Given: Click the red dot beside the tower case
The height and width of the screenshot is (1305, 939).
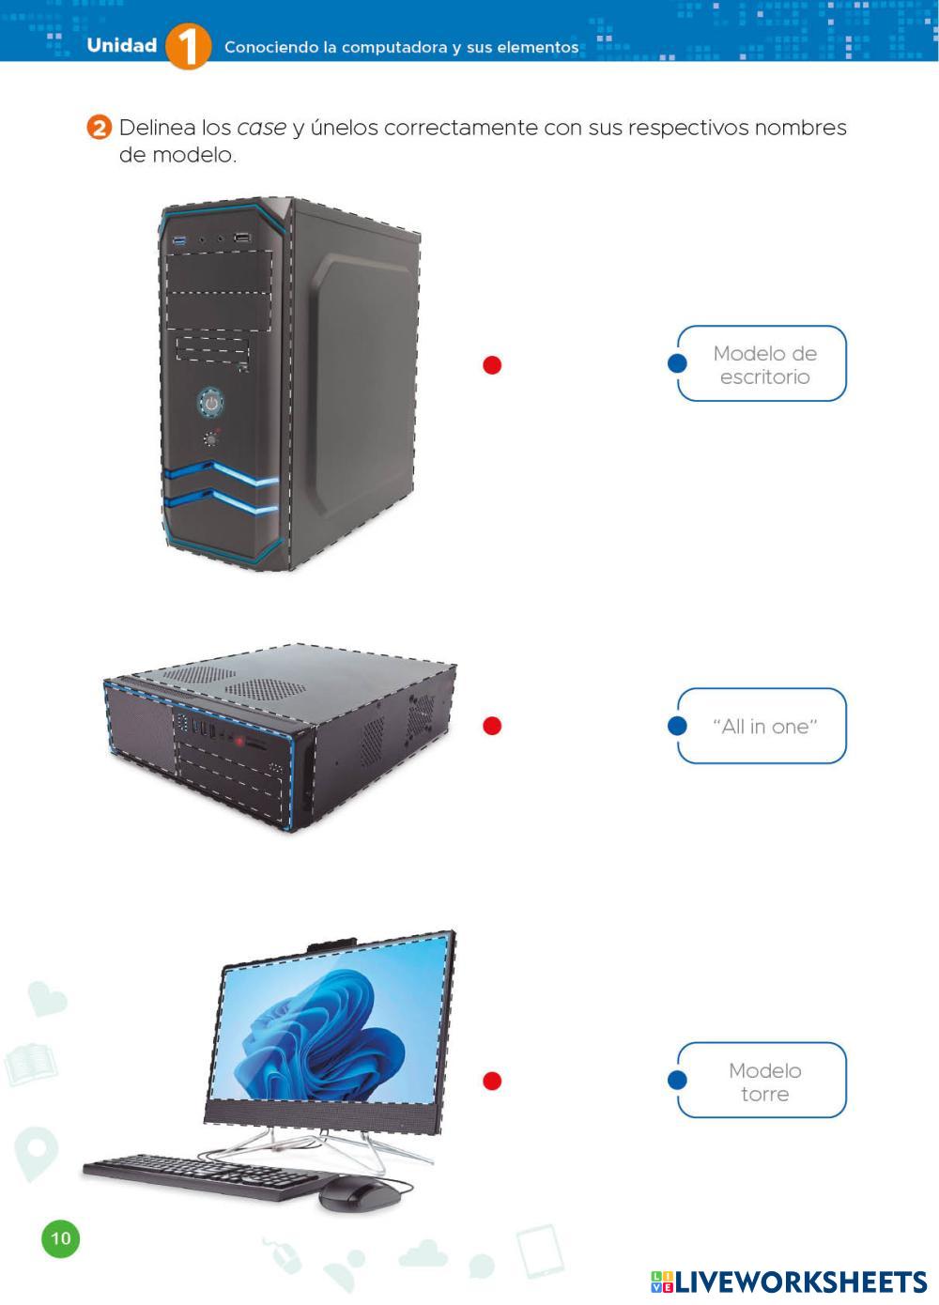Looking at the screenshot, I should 492,365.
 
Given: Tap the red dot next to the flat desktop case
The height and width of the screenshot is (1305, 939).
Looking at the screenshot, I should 492,726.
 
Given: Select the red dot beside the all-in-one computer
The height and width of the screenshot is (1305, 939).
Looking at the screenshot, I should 492,1081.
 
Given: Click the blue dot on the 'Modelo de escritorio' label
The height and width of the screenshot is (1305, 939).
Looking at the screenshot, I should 677,363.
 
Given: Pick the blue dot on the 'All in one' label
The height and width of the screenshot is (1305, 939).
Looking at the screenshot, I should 677,726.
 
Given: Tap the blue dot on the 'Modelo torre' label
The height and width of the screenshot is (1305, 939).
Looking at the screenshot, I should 677,1081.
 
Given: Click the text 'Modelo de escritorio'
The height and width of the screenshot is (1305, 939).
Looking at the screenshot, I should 764,365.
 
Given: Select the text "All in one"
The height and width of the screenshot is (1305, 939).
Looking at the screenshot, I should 764,727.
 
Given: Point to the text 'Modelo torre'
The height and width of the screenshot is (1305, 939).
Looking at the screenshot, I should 764,1082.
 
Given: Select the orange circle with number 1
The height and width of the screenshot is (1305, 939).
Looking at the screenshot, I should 188,46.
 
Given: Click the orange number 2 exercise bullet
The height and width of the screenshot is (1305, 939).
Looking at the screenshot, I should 99,128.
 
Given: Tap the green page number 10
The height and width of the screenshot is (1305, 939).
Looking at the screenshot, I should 60,1238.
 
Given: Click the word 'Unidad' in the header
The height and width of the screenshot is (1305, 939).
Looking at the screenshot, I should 121,45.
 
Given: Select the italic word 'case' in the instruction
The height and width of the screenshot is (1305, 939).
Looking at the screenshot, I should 261,128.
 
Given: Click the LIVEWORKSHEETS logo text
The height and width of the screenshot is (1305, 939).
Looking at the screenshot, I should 799,1282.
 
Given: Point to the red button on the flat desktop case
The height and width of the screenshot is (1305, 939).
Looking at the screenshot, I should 240,742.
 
